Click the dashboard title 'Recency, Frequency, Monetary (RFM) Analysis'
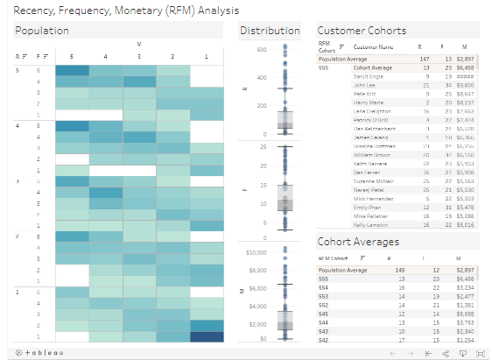(106, 10)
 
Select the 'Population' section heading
(43, 31)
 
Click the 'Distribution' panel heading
(270, 31)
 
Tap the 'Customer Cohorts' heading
(362, 31)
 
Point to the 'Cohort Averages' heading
(358, 242)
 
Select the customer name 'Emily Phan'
(366, 207)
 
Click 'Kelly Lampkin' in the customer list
(369, 225)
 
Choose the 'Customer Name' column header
(372, 46)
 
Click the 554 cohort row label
(323, 287)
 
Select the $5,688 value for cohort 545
(466, 313)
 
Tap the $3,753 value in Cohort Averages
(466, 321)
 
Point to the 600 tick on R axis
(259, 49)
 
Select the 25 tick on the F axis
(262, 147)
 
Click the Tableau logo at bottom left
(35, 352)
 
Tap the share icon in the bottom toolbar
(447, 352)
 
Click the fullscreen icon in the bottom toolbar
(481, 352)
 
